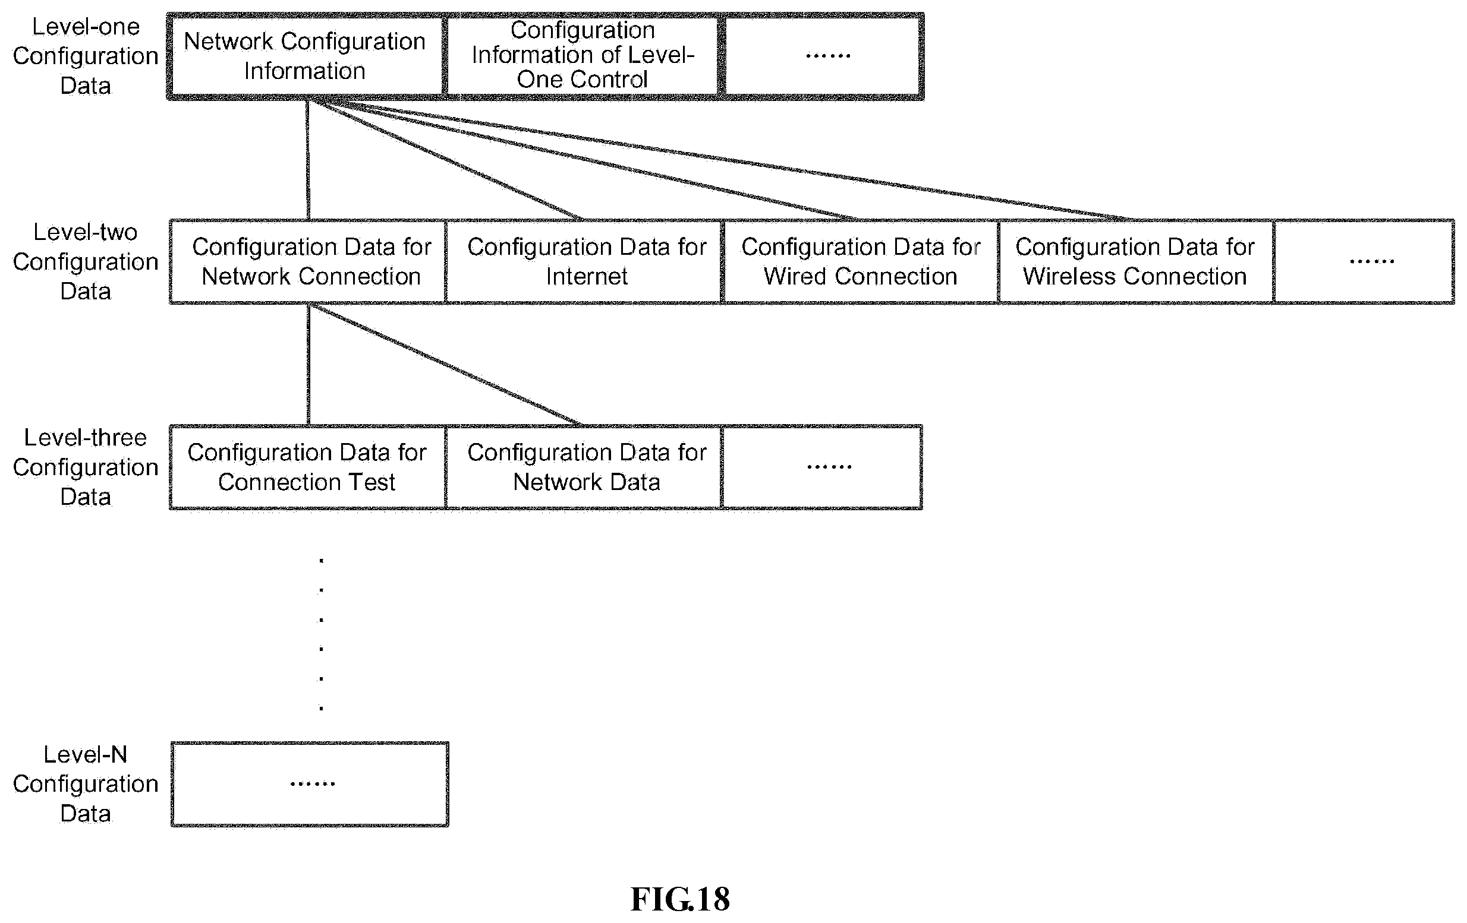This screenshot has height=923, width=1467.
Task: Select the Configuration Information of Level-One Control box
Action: point(583,56)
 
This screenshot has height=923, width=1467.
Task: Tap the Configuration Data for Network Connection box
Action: point(308,261)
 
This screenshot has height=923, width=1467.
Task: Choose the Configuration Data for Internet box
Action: point(585,261)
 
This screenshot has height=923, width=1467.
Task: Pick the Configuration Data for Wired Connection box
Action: point(861,261)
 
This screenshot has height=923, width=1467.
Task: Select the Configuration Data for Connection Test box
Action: point(308,467)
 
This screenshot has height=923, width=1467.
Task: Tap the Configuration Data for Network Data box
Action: point(585,467)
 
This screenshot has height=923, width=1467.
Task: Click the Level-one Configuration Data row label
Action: point(85,56)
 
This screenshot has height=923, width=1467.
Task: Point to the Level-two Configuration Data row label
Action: point(85,261)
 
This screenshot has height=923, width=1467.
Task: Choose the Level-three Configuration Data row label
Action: point(85,467)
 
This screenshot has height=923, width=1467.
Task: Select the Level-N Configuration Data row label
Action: point(85,783)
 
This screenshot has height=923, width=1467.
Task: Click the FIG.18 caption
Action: point(680,899)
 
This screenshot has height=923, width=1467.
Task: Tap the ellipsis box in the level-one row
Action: point(823,56)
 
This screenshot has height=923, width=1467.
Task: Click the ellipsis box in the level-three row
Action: point(823,467)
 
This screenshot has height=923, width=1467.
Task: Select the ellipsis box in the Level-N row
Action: point(310,784)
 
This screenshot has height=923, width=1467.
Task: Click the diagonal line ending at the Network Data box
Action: point(445,364)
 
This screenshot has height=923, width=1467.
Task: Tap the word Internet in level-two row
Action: point(586,276)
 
